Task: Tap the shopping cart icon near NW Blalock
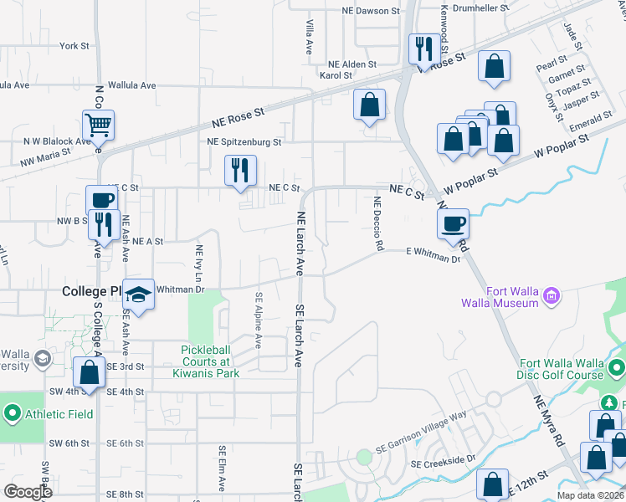pos(98,125)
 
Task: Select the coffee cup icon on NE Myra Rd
pos(453,223)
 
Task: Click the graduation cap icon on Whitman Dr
pos(139,295)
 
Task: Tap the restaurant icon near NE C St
pos(240,170)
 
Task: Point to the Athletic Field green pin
pos(12,412)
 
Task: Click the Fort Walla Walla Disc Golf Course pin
pos(616,368)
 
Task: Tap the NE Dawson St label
pos(371,11)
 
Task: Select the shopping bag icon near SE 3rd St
pos(89,372)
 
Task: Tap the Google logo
pos(28,492)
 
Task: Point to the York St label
pos(74,46)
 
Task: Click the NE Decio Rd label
pos(378,224)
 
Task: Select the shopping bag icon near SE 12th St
pos(492,485)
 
